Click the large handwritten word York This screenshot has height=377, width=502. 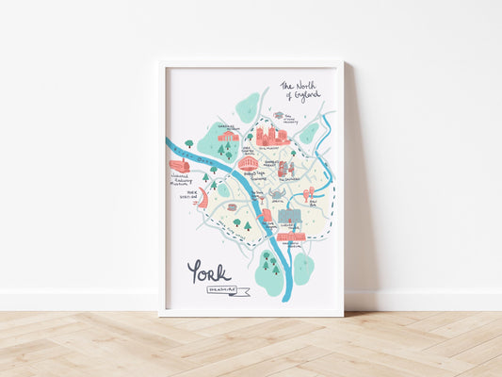pyautogui.click(x=208, y=272)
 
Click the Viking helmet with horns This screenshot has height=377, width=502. pyautogui.click(x=278, y=192)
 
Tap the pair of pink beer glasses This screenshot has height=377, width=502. pyautogui.click(x=308, y=194)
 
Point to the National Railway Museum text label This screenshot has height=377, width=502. pyautogui.click(x=182, y=180)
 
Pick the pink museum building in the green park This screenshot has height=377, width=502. pyautogui.click(x=228, y=136)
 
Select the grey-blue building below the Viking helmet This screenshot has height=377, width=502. pyautogui.click(x=289, y=217)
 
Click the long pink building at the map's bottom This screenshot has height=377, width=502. pyautogui.click(x=291, y=237)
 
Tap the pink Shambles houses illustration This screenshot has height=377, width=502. pyautogui.click(x=285, y=170)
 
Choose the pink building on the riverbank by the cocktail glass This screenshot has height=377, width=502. pyautogui.click(x=267, y=216)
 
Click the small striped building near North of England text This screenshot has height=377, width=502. pyautogui.click(x=279, y=116)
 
